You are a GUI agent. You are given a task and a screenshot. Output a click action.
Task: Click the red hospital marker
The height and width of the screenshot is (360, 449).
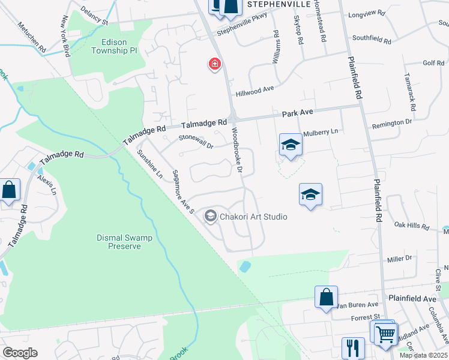pos(214,64)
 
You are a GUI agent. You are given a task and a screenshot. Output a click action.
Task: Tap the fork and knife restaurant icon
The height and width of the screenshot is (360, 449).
pos(353,347)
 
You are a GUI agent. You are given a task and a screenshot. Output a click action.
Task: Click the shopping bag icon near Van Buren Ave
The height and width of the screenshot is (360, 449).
pos(326,296)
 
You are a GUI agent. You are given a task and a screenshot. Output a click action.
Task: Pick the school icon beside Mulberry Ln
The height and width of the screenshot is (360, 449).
pos(291,145)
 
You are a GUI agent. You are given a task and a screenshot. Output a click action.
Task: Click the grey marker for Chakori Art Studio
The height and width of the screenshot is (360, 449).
pos(210,217)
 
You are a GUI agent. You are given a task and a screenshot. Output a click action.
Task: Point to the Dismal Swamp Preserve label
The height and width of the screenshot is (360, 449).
pos(125,242)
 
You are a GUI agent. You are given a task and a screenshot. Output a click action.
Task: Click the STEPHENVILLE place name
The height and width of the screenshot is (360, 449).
pos(279,4)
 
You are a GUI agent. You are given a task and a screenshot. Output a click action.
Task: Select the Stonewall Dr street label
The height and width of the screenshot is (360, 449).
pos(196,141)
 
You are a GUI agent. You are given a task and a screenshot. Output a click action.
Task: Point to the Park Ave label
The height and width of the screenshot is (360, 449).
pos(298,112)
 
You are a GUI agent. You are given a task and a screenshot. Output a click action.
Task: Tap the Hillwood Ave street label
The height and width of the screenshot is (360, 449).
pos(255,91)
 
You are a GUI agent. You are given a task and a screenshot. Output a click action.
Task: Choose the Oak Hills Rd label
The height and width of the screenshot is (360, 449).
pos(412,227)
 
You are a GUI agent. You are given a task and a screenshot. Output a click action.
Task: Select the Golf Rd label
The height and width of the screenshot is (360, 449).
pos(433,62)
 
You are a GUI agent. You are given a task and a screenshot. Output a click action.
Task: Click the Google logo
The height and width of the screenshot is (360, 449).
pos(20,353)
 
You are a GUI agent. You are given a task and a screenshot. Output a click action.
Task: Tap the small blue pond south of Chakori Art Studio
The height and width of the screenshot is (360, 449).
pos(245,266)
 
